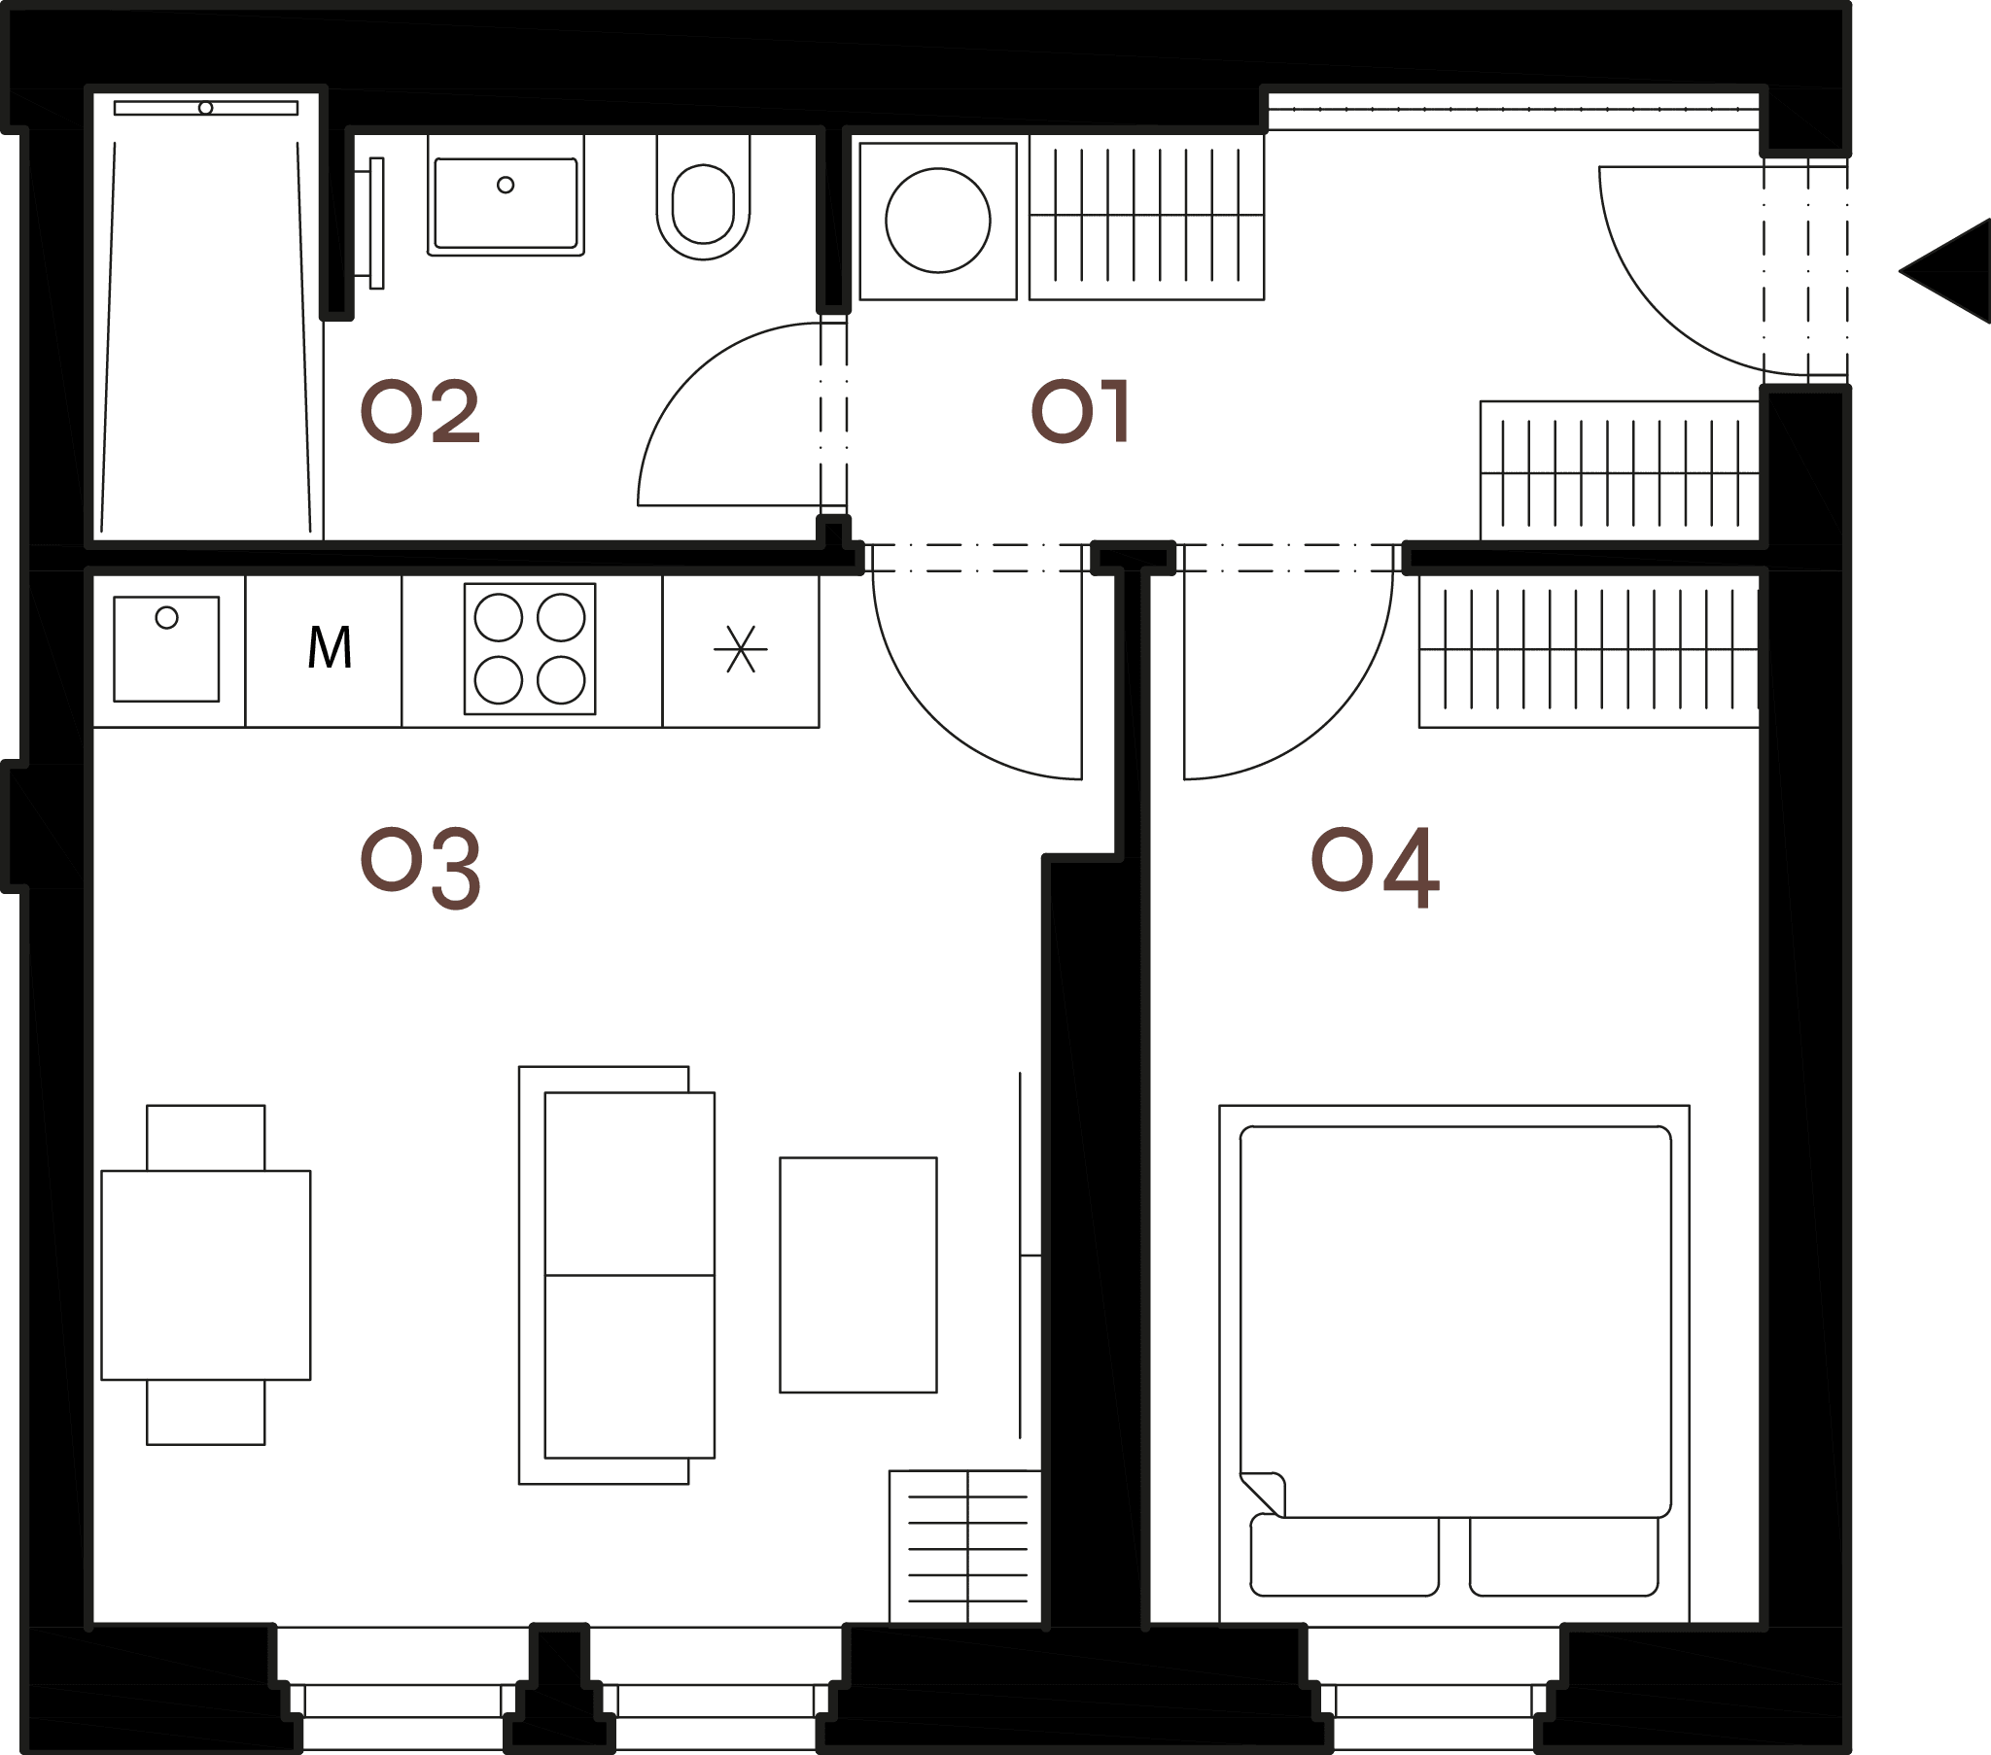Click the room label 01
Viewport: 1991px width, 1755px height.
click(x=1080, y=411)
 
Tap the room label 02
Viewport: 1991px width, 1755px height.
click(x=420, y=411)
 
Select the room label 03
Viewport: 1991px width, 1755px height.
click(x=420, y=868)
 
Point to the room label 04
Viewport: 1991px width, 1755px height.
click(x=1375, y=867)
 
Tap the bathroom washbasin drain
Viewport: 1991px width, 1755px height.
click(x=506, y=185)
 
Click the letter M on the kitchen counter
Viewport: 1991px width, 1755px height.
click(x=330, y=647)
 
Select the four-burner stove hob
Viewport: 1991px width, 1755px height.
click(x=530, y=648)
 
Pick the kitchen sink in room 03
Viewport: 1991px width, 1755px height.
click(x=166, y=648)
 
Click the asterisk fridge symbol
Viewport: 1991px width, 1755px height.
click(x=740, y=649)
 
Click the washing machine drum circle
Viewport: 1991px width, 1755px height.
click(x=938, y=222)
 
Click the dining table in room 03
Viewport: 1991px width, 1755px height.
click(x=205, y=1275)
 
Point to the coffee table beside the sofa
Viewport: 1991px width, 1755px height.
click(x=858, y=1275)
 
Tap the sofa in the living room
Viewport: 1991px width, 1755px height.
click(x=616, y=1275)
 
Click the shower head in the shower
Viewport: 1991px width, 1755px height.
click(x=205, y=108)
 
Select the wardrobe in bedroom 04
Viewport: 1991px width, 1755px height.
click(x=1589, y=649)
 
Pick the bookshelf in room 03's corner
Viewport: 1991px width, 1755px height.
click(x=965, y=1547)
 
